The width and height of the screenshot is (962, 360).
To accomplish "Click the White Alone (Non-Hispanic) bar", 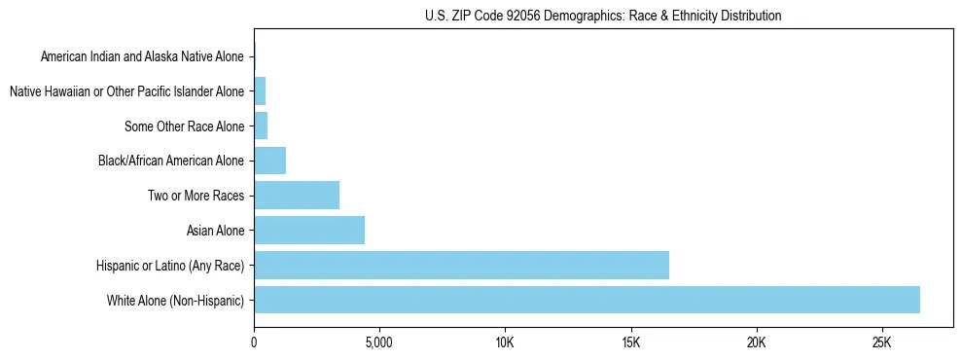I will pyautogui.click(x=587, y=300).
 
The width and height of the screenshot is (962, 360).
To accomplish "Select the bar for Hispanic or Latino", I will pyautogui.click(x=461, y=265).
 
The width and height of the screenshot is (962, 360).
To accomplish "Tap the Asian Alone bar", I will pyautogui.click(x=309, y=231).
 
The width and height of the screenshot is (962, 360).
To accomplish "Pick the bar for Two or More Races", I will pyautogui.click(x=297, y=196).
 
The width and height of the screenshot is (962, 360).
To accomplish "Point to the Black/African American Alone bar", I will pyautogui.click(x=269, y=161).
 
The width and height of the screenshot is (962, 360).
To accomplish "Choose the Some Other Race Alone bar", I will pyautogui.click(x=261, y=126).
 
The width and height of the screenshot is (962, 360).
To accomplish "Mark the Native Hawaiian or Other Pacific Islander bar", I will pyautogui.click(x=260, y=91).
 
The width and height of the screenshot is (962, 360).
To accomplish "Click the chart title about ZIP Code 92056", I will pyautogui.click(x=603, y=16).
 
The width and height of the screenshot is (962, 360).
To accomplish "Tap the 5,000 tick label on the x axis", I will pyautogui.click(x=378, y=343).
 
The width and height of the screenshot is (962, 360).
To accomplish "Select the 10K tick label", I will pyautogui.click(x=505, y=343).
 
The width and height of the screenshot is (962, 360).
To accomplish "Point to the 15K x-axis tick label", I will pyautogui.click(x=630, y=343).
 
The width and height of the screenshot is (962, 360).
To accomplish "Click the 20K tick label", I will pyautogui.click(x=756, y=343).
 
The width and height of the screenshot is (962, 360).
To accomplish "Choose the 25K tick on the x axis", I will pyautogui.click(x=881, y=343).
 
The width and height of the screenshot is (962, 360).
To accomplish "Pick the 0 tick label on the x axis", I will pyautogui.click(x=254, y=343).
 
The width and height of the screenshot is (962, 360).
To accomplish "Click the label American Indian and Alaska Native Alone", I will pyautogui.click(x=143, y=57).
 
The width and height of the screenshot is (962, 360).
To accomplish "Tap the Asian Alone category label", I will pyautogui.click(x=215, y=231).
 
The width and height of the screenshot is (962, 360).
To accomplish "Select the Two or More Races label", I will pyautogui.click(x=196, y=196).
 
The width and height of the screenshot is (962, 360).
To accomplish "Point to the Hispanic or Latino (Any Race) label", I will pyautogui.click(x=170, y=266).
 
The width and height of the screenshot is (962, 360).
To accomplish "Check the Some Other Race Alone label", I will pyautogui.click(x=184, y=126).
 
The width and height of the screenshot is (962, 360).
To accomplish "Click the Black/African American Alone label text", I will pyautogui.click(x=171, y=161).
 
